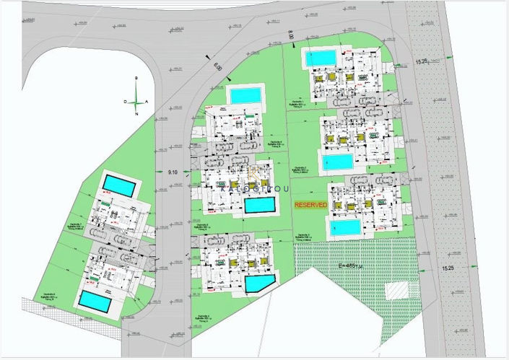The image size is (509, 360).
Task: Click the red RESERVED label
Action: pyautogui.click(x=310, y=205)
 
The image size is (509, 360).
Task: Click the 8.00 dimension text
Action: pyautogui.click(x=290, y=35)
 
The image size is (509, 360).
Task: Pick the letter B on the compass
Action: pyautogui.click(x=136, y=77)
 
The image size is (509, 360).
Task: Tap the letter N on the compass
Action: pyautogui.click(x=136, y=113)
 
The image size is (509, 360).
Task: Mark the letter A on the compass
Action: pyautogui.click(x=147, y=102)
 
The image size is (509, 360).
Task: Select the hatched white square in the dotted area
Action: pyautogui.click(x=396, y=291)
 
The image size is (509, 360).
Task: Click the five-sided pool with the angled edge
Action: pyautogui.click(x=260, y=282)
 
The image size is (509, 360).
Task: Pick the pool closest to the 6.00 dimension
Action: pyautogui.click(x=245, y=95)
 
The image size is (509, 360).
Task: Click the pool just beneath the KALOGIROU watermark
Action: pyautogui.click(x=259, y=206)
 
